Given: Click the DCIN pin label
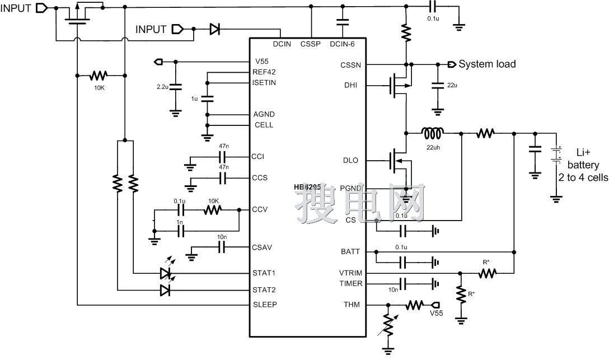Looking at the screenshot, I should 282,44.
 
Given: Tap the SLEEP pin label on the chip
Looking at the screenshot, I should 265,305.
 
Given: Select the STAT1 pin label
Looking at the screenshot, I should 264,273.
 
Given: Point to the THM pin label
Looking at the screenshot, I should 351,305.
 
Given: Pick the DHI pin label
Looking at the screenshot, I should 351,86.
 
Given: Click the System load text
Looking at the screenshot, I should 487,64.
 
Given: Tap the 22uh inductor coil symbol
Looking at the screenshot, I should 433,134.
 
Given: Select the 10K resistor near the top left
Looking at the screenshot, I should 99,74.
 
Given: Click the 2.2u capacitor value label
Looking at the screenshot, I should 162,87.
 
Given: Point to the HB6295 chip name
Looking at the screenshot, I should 307,187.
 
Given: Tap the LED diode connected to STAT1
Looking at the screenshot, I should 166,273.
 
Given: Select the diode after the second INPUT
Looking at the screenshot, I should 215,29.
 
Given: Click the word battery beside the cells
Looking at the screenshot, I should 583,165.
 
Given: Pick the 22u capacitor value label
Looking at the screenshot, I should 452,86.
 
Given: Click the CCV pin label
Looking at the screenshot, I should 260,210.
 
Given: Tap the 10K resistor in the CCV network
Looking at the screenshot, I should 213,210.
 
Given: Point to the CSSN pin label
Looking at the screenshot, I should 350,65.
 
